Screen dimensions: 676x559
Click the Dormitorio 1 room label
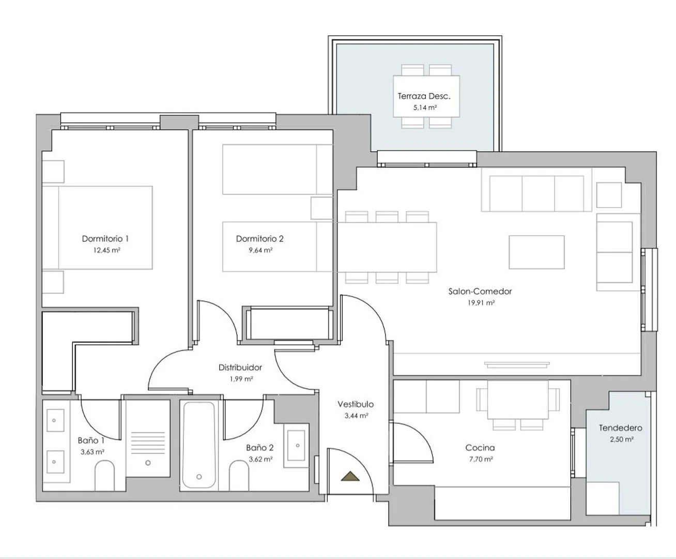pos(105,239)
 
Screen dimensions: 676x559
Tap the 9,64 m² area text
pos(260,250)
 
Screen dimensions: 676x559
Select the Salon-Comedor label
pos(480,291)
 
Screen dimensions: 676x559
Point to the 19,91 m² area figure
pos(481,303)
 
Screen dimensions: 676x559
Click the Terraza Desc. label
pos(424,96)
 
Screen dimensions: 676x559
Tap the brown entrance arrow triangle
pos(350,476)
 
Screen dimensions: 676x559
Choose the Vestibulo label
pos(356,404)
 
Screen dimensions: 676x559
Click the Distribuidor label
pos(240,367)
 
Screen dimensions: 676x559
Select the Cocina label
pos(480,448)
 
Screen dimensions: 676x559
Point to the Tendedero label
pos(621,428)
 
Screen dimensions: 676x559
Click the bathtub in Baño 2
pos(199,445)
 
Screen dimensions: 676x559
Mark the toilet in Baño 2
pos(239,476)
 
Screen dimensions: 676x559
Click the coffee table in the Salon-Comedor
pos(537,252)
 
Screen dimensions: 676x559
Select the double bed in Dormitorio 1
pos(97,228)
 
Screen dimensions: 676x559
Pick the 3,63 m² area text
pos(93,452)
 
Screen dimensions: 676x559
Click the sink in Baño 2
pos(296,446)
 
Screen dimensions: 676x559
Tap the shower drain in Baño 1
pos(148,463)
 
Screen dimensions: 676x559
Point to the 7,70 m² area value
pos(481,460)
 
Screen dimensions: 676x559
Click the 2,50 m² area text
pos(622,439)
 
